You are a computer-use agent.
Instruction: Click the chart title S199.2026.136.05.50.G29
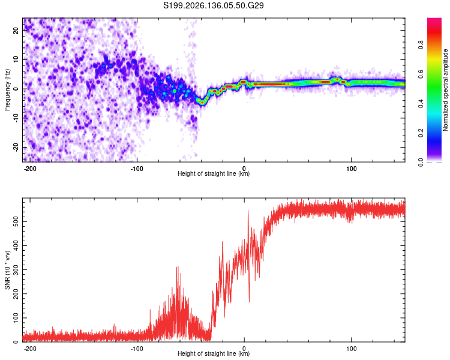click(213, 5)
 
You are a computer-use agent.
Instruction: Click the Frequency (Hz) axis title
click(7, 89)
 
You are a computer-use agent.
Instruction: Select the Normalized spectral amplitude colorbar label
click(445, 89)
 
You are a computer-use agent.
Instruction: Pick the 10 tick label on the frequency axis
click(16, 59)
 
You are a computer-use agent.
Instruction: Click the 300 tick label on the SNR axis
click(16, 269)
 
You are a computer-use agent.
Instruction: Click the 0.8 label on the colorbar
click(421, 44)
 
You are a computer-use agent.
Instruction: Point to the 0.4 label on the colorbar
click(421, 103)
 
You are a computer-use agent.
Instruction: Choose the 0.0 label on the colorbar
click(421, 162)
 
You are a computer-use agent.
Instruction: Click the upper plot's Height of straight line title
click(214, 173)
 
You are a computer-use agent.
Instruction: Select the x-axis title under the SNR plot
click(214, 353)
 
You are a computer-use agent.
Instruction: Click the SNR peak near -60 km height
click(178, 267)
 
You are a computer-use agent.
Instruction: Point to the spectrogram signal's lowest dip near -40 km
click(202, 102)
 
